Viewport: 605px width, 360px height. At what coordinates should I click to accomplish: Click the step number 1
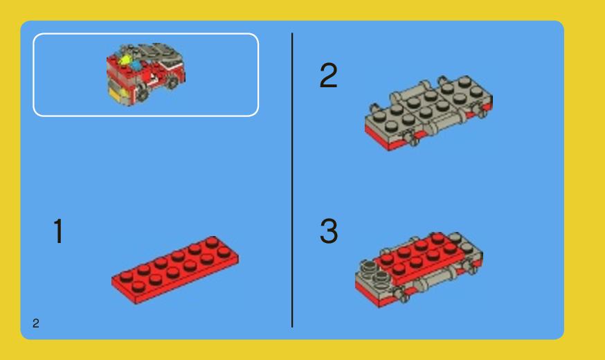tap(59, 231)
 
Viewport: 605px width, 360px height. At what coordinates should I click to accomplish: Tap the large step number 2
tap(328, 76)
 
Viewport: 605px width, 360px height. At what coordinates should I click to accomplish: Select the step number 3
tap(329, 233)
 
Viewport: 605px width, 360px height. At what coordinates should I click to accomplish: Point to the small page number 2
tap(35, 323)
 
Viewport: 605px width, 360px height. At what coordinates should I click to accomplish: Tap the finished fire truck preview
tap(146, 75)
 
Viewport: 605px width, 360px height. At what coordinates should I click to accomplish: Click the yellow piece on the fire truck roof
tap(125, 62)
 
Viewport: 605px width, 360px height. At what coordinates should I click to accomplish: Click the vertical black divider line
tap(292, 180)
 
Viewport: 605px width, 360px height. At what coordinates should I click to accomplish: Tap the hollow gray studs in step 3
tap(374, 275)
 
